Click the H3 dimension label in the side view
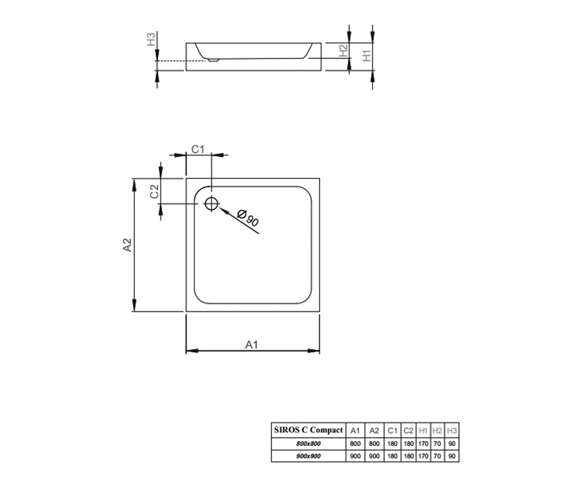[151, 39]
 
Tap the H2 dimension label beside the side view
[343, 51]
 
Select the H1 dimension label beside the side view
[367, 55]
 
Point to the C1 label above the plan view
[198, 149]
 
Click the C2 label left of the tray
[154, 191]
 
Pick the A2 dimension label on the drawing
[127, 245]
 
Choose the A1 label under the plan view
[252, 345]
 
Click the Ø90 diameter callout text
[248, 218]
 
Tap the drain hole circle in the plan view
[212, 204]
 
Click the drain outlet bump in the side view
[213, 60]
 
